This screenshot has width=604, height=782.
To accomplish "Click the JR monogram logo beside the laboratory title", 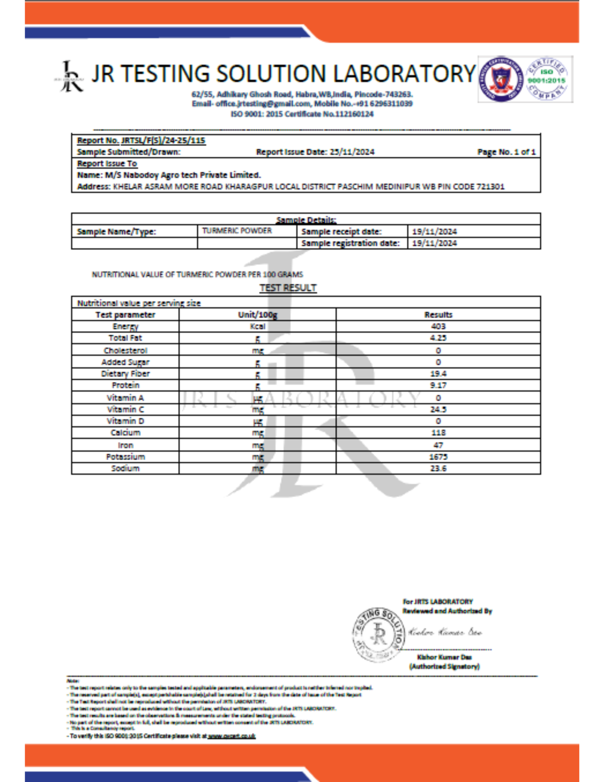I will tap(70, 77).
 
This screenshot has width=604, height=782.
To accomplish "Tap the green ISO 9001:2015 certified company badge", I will tap(546, 79).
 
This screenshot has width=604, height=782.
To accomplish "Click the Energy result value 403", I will tap(438, 326).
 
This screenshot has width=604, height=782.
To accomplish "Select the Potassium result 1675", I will tap(438, 457).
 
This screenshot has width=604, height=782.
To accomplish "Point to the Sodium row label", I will tap(125, 468).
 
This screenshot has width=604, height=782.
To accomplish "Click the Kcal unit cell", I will tap(257, 326).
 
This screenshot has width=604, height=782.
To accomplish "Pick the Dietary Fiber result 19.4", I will tap(438, 374).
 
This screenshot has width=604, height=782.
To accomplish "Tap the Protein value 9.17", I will tap(438, 385).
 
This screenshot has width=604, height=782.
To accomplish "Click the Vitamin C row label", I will tap(125, 409).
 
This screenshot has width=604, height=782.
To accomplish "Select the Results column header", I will tap(438, 315).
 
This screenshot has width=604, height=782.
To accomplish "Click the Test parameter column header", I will tap(125, 315).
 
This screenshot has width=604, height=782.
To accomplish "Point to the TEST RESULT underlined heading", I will tap(288, 288).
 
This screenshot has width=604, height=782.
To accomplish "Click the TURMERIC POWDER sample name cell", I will tap(237, 231).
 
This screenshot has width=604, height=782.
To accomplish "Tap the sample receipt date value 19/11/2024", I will tap(434, 231).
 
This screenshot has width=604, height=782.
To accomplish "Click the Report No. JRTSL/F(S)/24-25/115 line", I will tap(141, 140).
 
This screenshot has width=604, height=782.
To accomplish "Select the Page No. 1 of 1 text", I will tap(506, 152).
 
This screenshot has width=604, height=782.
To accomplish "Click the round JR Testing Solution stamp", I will tap(378, 634).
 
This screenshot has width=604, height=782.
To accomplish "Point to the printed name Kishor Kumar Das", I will tap(444, 657).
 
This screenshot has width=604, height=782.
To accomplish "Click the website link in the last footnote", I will tap(232, 736).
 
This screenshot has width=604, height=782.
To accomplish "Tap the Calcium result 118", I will tap(438, 433).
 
